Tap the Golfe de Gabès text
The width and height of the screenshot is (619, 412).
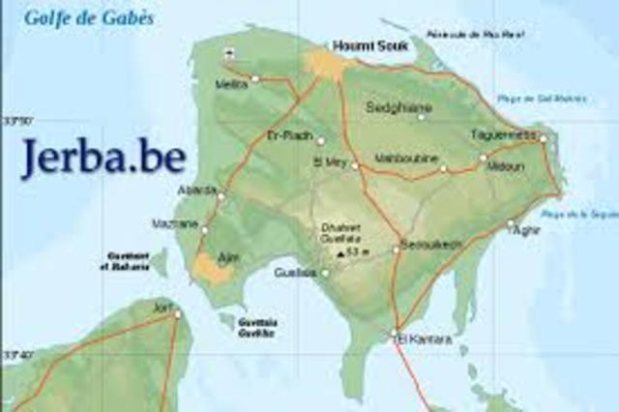pos(89,17)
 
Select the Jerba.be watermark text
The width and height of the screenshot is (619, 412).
pos(103,156)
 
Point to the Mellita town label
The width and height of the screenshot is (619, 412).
pos(232,84)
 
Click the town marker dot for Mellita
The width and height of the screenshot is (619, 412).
pos(255,78)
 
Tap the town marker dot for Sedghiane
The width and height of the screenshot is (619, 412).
pos(421,117)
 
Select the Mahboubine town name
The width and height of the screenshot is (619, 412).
pos(406,158)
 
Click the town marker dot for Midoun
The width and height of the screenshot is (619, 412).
pos(484,158)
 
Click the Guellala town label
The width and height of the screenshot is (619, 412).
pos(296,273)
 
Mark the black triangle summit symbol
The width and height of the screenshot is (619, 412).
pos(339,253)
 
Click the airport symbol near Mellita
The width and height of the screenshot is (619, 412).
pos(229,52)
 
